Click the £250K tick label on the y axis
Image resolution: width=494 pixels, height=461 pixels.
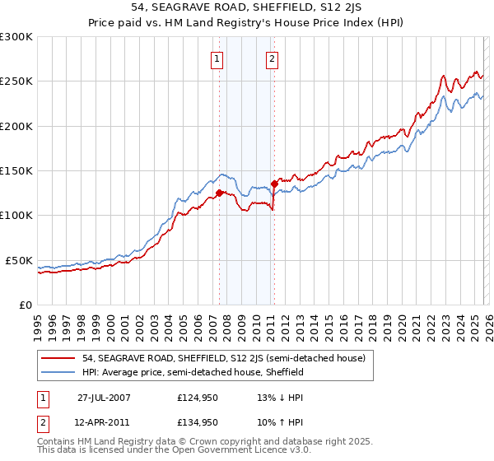pos(16,81)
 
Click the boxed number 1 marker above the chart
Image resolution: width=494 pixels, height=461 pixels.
pos(217,58)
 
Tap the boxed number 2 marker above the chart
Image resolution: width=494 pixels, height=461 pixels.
pos(271,58)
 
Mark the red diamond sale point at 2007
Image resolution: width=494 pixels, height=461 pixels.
pos(219,193)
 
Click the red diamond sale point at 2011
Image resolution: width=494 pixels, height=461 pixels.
pos(273,185)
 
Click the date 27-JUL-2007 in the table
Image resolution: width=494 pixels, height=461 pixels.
pos(104,397)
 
